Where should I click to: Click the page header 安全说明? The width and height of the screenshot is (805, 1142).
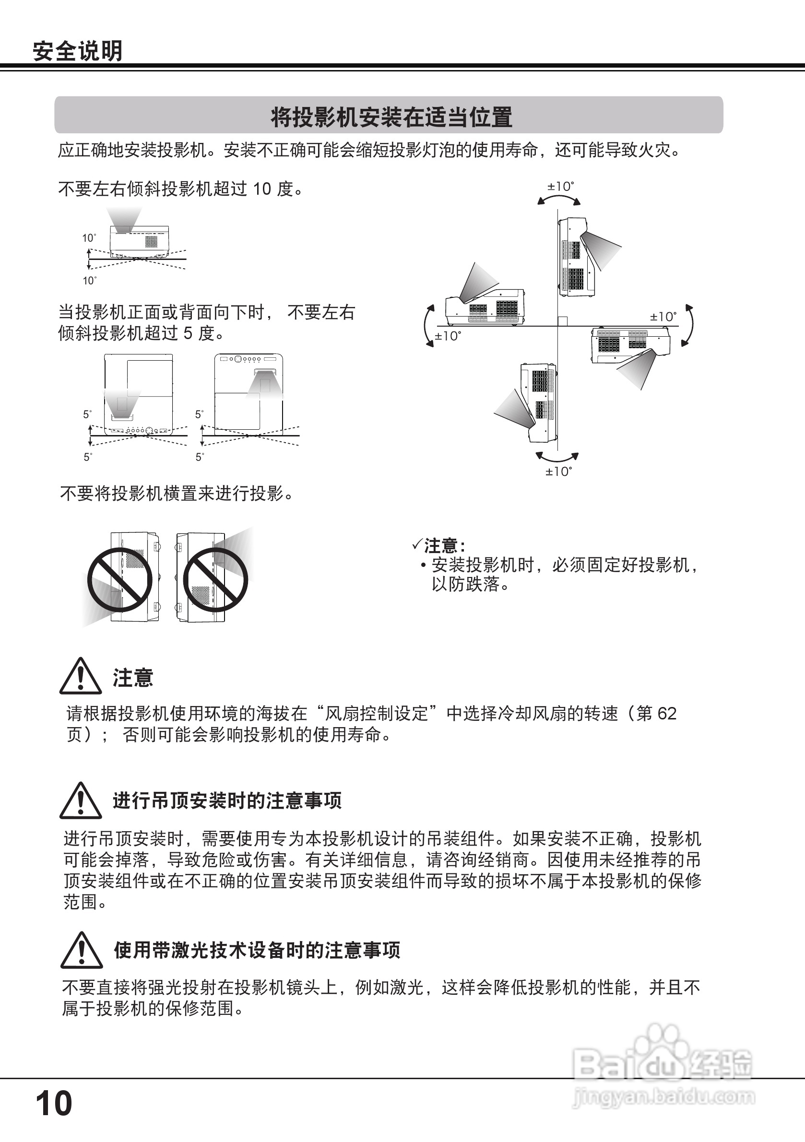point(77,51)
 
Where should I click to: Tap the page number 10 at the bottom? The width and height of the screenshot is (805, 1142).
point(54,1103)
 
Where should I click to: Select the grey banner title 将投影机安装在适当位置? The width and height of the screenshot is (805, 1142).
point(391,117)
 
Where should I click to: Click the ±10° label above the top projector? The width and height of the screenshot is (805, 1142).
point(561,187)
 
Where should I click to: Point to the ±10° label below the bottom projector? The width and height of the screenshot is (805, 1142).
point(559,471)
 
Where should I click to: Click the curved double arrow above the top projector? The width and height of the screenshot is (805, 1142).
point(559,199)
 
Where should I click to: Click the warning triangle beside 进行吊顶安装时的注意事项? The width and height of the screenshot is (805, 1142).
point(81,801)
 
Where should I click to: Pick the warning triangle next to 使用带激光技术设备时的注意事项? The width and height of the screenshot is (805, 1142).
point(81,951)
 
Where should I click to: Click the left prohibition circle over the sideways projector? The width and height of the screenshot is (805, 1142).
point(120,580)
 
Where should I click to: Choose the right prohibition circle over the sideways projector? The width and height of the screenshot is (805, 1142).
point(215,580)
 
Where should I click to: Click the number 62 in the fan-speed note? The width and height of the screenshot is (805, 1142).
point(667,714)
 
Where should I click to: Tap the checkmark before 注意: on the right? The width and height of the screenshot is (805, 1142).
point(417,545)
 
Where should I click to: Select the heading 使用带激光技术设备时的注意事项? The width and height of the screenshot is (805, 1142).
point(257,951)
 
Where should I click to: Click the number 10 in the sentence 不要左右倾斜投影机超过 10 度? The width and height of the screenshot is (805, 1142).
point(262,189)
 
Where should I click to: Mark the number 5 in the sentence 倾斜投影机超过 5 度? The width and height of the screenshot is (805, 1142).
point(188,333)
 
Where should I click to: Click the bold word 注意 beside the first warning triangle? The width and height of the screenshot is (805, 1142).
point(133,678)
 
